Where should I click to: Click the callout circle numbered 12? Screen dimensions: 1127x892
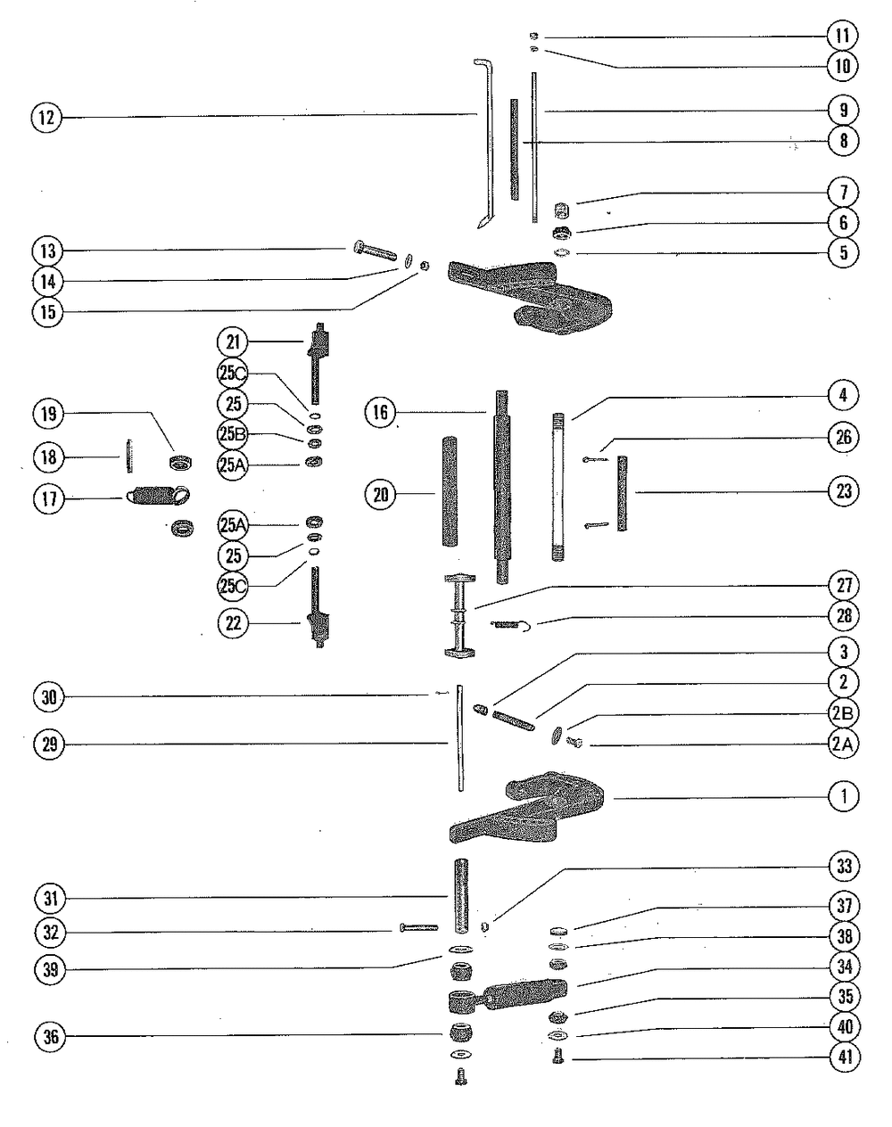[x=47, y=118]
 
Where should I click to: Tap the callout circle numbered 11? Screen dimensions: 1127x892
[x=843, y=36]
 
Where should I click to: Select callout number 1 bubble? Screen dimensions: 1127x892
[x=843, y=797]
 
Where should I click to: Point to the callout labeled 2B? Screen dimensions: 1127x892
[x=843, y=714]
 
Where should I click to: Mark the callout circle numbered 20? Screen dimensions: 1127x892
[x=381, y=496]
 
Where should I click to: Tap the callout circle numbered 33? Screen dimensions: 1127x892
[x=843, y=866]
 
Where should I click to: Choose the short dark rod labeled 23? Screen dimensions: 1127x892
[x=622, y=493]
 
